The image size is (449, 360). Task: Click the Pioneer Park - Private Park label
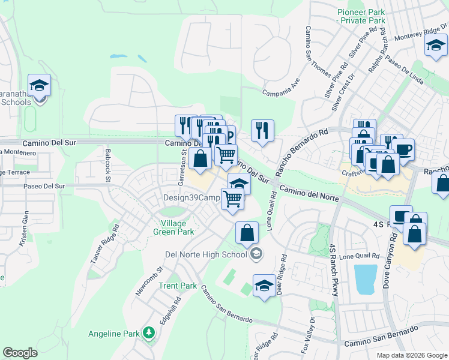point(361,16)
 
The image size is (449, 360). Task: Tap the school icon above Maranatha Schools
point(39,85)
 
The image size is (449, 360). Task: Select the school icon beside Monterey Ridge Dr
point(435,45)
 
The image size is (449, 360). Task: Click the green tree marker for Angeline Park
point(148,332)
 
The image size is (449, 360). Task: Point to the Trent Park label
point(178,286)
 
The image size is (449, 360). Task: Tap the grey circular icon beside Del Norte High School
point(256,254)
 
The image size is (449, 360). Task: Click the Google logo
point(20,353)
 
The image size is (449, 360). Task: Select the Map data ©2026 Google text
point(411,355)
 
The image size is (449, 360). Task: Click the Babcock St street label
point(108,165)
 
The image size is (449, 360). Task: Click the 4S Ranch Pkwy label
point(334,270)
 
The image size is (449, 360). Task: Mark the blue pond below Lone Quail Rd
point(365,279)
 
